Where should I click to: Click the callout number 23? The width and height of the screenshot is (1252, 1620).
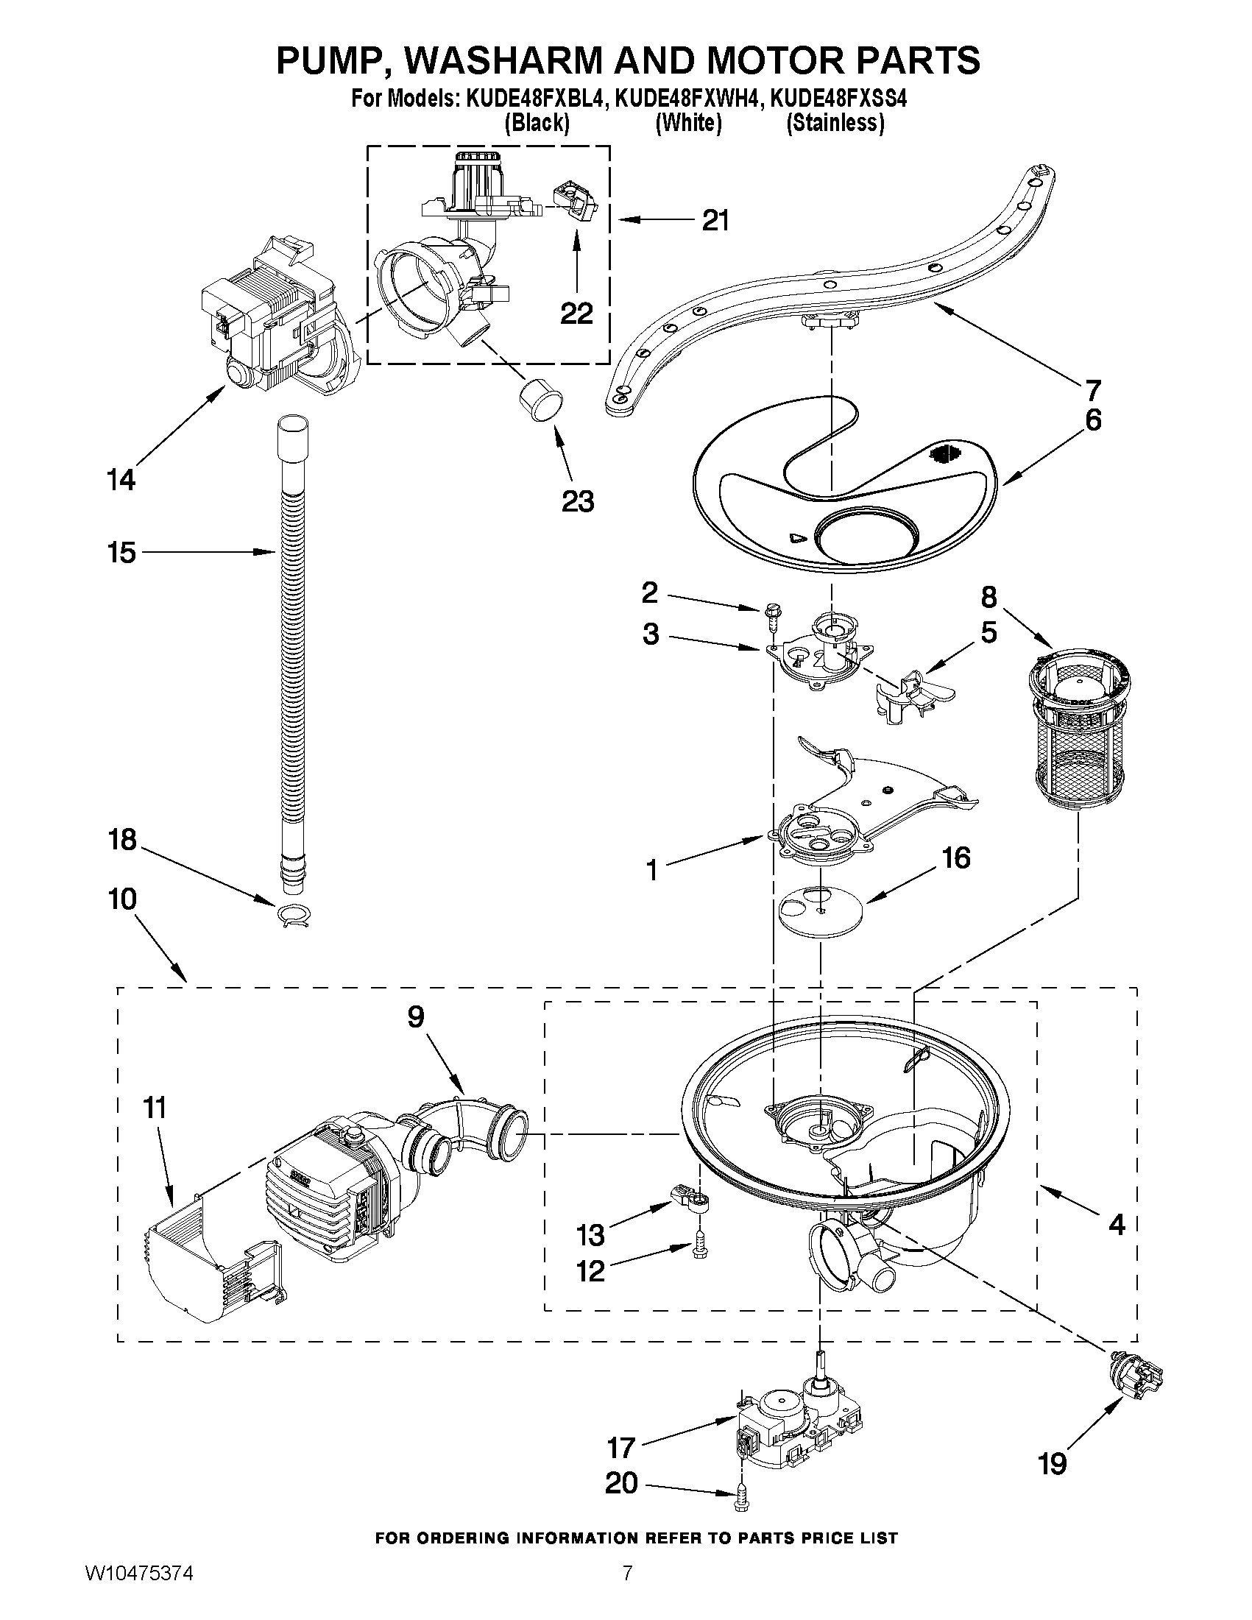coord(578,502)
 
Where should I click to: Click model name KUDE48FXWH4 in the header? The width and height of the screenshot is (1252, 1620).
coord(689,99)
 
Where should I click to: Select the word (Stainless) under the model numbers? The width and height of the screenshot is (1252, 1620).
coord(835,122)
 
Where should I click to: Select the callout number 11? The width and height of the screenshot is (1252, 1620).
coord(156,1109)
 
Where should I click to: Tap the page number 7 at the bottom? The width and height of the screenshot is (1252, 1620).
coord(628,1589)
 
